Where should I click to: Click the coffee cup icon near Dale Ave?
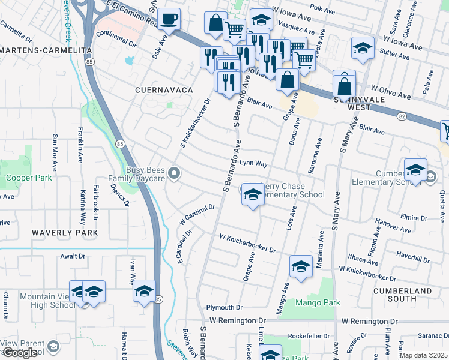pos(169,19)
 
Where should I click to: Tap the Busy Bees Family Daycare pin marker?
pos(174,174)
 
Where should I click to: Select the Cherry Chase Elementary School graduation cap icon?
pos(253,194)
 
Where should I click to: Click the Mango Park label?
pos(318,302)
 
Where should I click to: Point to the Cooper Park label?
pos(28,178)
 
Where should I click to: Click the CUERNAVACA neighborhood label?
pos(163,90)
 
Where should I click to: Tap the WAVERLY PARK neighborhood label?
pos(65,232)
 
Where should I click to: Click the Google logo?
pos(19,353)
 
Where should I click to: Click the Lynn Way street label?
pos(253,163)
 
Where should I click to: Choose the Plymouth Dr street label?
pos(224,307)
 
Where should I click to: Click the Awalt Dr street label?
pos(73,256)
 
